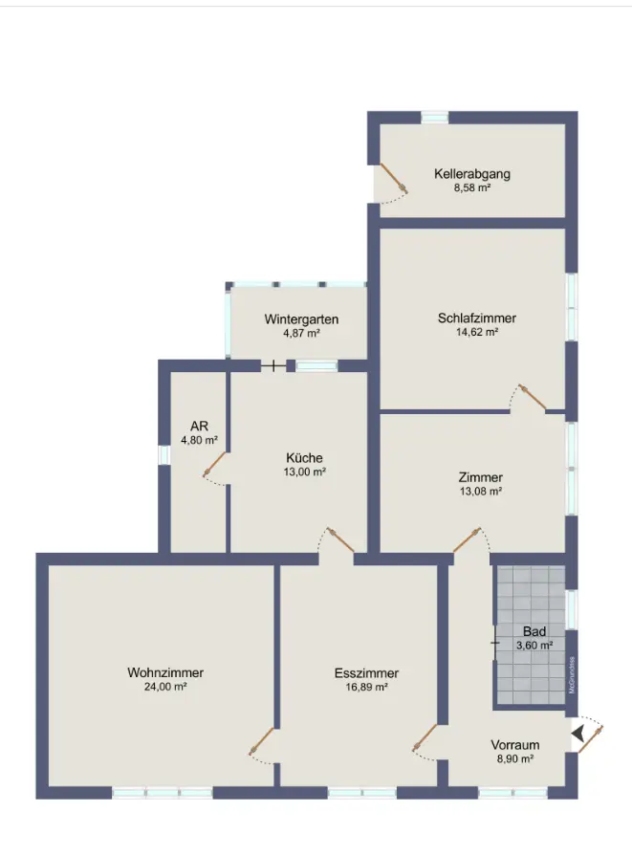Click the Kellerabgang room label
pyautogui.click(x=471, y=174)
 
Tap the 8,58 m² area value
pyautogui.click(x=471, y=188)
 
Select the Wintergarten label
pyautogui.click(x=301, y=319)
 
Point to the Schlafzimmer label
pyautogui.click(x=477, y=318)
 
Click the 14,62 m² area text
pyautogui.click(x=477, y=333)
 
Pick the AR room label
pyautogui.click(x=199, y=427)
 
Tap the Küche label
pyautogui.click(x=303, y=457)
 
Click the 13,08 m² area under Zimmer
pyautogui.click(x=480, y=492)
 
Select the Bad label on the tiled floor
pyautogui.click(x=534, y=632)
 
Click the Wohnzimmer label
pyautogui.click(x=165, y=672)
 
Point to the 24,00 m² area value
pyautogui.click(x=165, y=687)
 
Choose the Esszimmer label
pyautogui.click(x=366, y=673)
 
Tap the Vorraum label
pyautogui.click(x=515, y=744)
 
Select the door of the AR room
pyautogui.click(x=215, y=466)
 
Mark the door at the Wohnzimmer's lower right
pyautogui.click(x=262, y=743)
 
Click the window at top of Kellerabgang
pyautogui.click(x=435, y=118)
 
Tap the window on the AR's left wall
pyautogui.click(x=163, y=455)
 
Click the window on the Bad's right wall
pyautogui.click(x=572, y=609)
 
